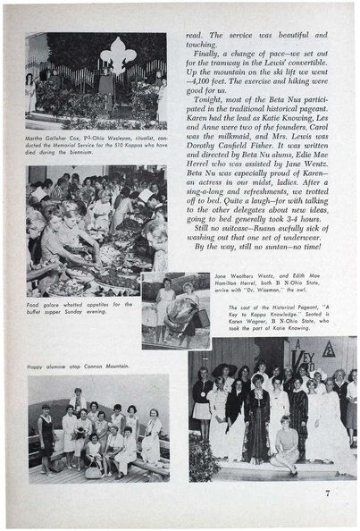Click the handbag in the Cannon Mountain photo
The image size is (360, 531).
pos(93,469)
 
